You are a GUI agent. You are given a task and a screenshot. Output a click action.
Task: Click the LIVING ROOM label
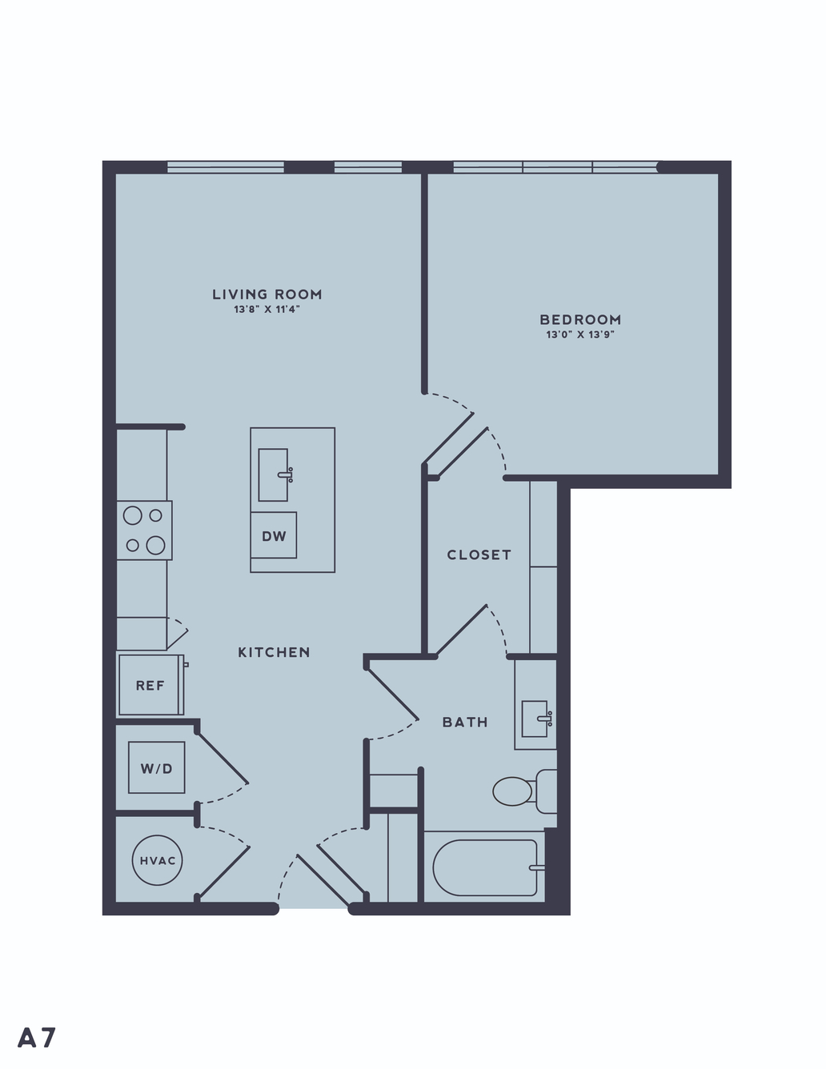(267, 294)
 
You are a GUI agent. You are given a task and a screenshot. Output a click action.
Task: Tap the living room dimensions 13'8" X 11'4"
(267, 310)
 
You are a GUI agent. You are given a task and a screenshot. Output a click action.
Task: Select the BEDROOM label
(580, 320)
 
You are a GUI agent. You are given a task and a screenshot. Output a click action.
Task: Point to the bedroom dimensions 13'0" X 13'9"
(580, 335)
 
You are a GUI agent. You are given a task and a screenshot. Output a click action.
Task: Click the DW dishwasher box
(274, 535)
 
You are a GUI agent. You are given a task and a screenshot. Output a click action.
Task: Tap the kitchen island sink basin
(273, 474)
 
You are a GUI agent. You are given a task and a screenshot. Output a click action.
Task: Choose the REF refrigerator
(150, 685)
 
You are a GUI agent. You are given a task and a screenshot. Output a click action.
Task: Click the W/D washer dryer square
(156, 767)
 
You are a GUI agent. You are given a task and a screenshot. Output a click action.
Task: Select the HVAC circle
(158, 860)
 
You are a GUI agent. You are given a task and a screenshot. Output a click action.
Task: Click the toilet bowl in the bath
(512, 791)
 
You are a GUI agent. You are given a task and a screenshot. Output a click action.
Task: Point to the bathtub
(484, 868)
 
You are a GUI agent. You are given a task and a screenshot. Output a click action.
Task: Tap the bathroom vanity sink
(535, 719)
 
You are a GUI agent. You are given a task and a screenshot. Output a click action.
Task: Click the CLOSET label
(479, 555)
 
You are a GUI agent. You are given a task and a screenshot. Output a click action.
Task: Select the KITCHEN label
(274, 652)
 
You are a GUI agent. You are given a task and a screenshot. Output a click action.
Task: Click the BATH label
(465, 723)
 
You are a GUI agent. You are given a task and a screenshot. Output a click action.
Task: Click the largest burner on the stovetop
(155, 545)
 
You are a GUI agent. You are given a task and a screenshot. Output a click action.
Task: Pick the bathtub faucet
(537, 868)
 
